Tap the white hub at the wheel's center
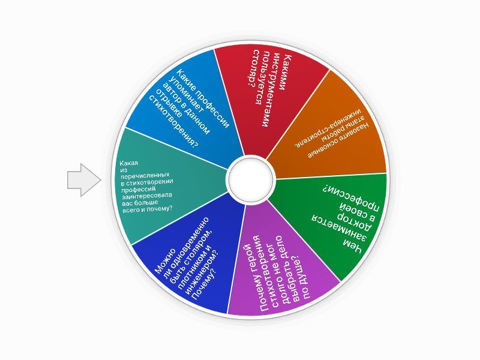(251, 179)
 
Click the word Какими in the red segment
(288, 72)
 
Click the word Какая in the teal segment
(128, 163)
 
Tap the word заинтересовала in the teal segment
(146, 196)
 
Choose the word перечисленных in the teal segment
(145, 176)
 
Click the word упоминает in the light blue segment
(188, 99)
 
